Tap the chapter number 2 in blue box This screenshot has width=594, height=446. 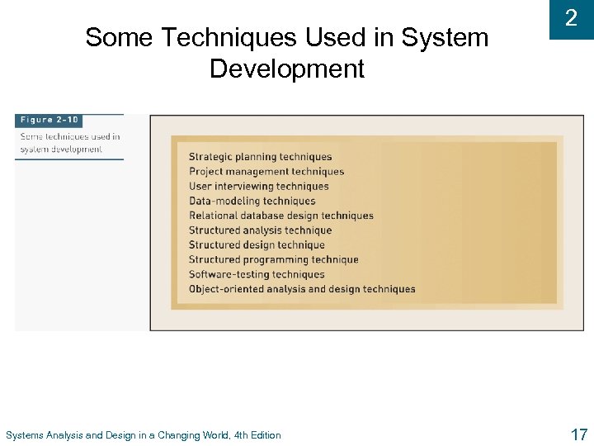coord(571,18)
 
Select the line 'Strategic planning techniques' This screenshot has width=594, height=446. coord(260,157)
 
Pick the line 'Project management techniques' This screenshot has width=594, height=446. coord(266,172)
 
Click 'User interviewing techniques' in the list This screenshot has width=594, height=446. coord(258,187)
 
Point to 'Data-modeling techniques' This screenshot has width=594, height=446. coord(252,201)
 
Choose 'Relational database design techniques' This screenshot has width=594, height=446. coord(280,216)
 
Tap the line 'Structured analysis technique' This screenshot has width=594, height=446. coord(260,230)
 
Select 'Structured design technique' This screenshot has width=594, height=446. coord(257,245)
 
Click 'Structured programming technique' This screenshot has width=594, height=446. coord(273,260)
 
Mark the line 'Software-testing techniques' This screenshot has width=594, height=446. coord(257,274)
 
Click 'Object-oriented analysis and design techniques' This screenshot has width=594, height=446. coord(302,289)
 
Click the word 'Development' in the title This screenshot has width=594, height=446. coord(286,69)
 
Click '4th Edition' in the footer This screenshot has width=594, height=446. coord(257,435)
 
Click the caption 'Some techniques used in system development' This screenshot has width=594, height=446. coord(70,143)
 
